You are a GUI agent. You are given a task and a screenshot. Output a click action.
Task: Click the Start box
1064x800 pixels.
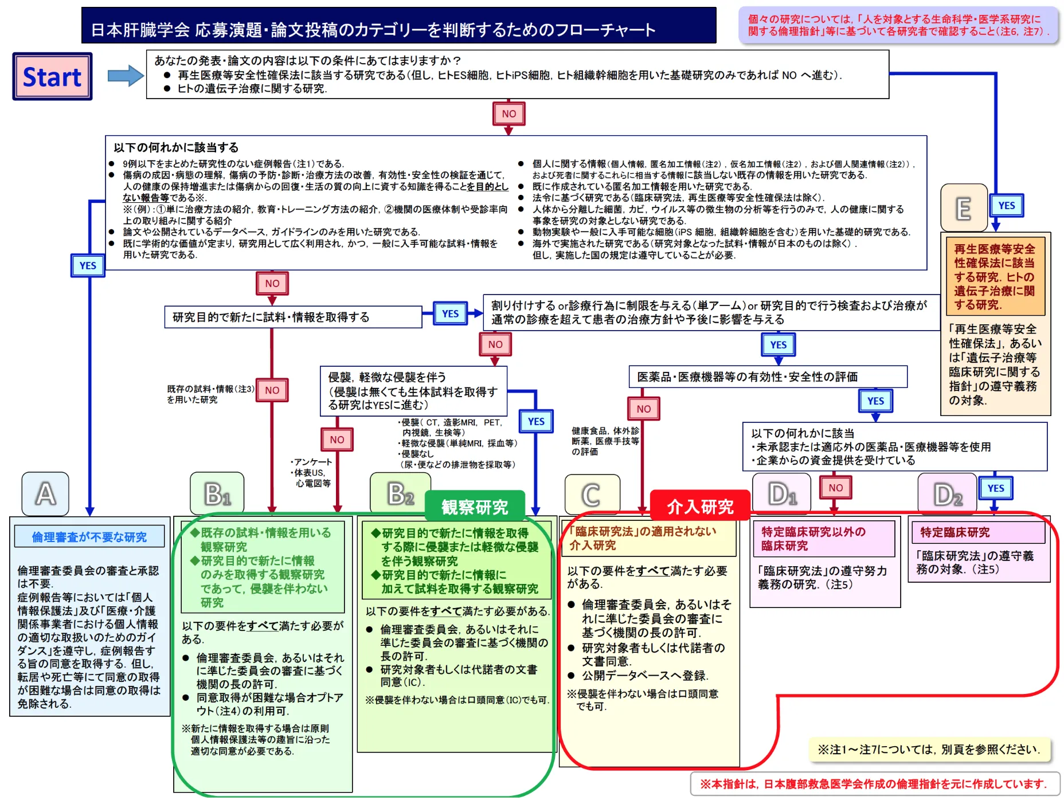pyautogui.click(x=52, y=77)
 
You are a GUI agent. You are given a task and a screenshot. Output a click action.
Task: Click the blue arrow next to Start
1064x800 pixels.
pyautogui.click(x=126, y=76)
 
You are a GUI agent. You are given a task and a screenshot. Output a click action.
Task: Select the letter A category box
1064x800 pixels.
pyautogui.click(x=45, y=494)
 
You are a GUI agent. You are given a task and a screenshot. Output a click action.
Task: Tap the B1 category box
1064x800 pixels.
pyautogui.click(x=217, y=493)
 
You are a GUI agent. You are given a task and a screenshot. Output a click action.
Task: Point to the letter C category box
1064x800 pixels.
pyautogui.click(x=592, y=495)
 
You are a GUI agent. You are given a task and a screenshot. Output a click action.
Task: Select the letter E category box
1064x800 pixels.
pyautogui.click(x=964, y=208)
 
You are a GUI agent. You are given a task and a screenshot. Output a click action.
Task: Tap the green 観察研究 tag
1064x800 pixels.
pyautogui.click(x=475, y=506)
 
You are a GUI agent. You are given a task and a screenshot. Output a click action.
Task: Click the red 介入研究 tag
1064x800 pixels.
pyautogui.click(x=700, y=506)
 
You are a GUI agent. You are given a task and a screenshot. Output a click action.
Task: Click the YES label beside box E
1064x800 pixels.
pyautogui.click(x=1006, y=206)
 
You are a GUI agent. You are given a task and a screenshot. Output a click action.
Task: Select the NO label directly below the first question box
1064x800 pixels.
pyautogui.click(x=508, y=113)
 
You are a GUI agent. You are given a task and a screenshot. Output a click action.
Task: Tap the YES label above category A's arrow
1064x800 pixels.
pyautogui.click(x=88, y=265)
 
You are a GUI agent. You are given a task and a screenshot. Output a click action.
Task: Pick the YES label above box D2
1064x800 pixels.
pyautogui.click(x=996, y=488)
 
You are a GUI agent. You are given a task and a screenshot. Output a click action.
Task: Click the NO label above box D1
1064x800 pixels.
pyautogui.click(x=835, y=488)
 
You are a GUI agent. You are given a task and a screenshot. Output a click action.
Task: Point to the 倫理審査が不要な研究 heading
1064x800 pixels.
pyautogui.click(x=89, y=537)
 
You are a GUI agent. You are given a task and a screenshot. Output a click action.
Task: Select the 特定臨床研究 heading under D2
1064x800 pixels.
pyautogui.click(x=955, y=532)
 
